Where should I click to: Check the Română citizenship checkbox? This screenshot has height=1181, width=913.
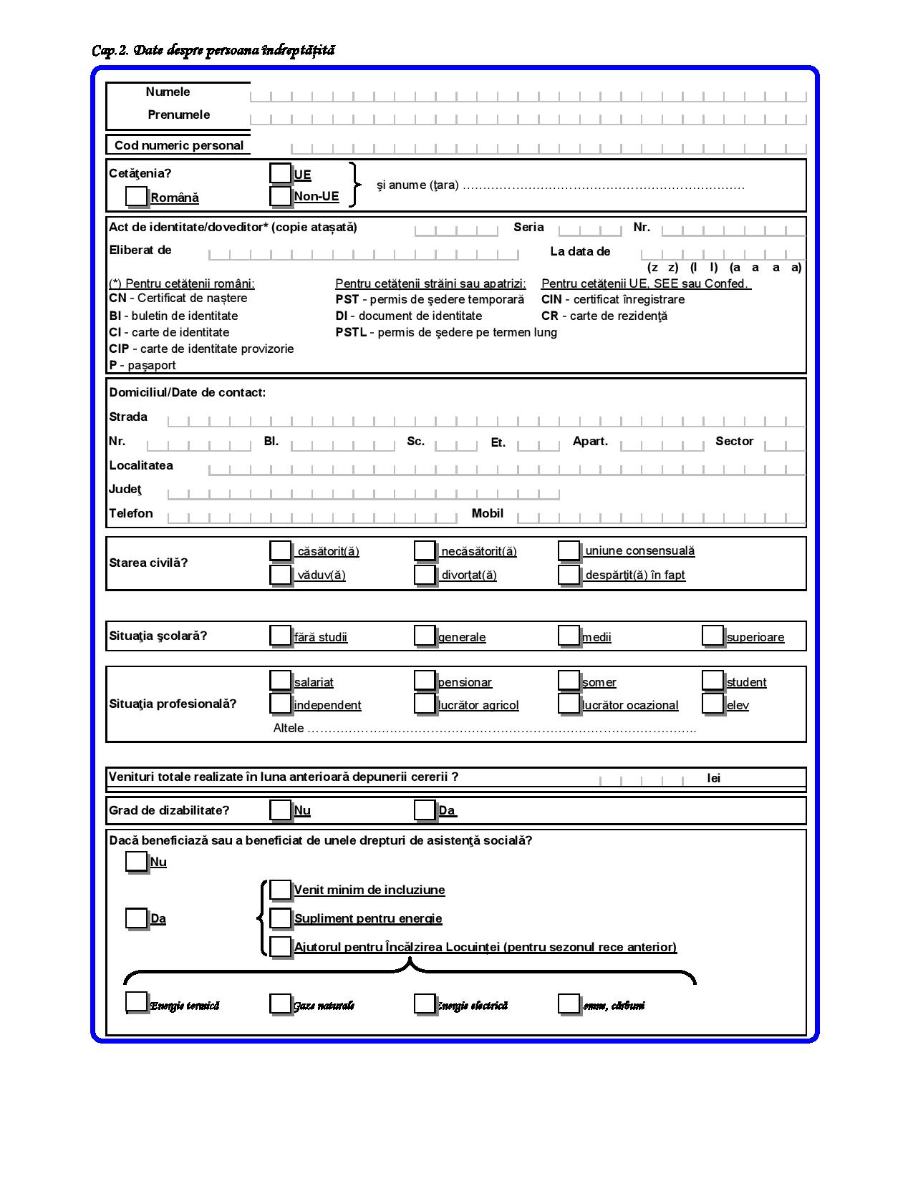136,196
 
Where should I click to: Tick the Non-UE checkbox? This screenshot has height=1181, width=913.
280,195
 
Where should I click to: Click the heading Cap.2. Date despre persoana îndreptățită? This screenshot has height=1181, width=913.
213,50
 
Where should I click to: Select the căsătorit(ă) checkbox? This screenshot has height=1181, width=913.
280,550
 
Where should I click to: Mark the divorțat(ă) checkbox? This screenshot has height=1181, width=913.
425,574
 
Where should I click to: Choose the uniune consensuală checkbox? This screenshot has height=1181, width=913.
569,550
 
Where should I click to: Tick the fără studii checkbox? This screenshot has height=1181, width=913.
280,636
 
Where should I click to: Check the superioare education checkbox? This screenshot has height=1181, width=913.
712,636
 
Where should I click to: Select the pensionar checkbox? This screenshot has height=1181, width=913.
425,681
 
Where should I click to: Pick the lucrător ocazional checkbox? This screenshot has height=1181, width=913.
569,704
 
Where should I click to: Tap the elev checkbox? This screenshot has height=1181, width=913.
712,704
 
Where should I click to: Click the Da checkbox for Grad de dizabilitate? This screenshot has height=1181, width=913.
425,810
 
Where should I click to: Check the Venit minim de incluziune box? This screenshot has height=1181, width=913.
281,890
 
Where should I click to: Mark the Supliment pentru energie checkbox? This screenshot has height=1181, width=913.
281,918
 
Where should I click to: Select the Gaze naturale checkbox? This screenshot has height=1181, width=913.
280,1003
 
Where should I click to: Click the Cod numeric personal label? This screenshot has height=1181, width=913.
179,145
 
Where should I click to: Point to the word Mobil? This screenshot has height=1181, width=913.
487,513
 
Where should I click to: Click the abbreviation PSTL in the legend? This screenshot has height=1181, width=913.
351,332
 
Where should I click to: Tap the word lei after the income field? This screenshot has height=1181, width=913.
713,778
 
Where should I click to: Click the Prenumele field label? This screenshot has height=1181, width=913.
179,115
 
